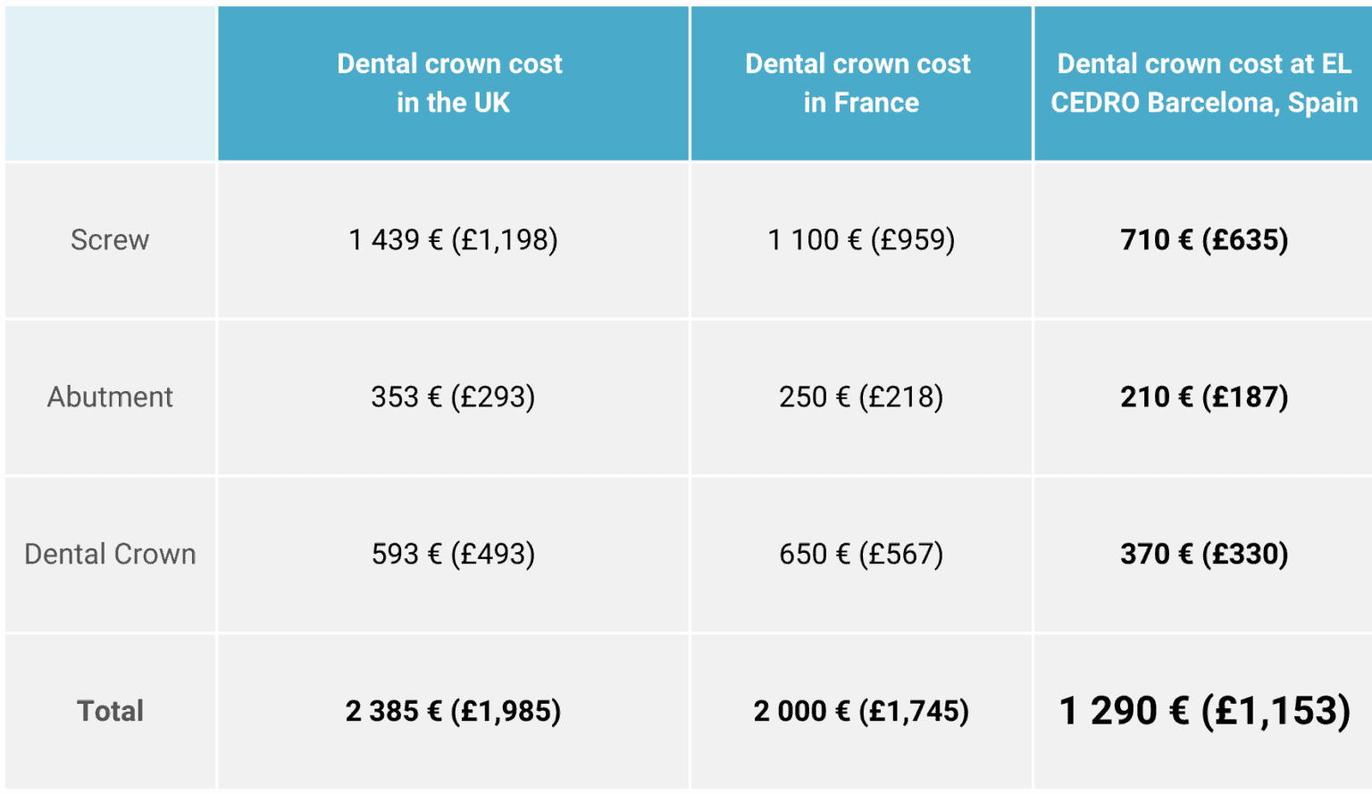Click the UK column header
(452, 83)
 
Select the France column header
(859, 83)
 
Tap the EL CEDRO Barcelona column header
(1203, 83)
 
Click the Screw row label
(110, 240)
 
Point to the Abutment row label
(110, 397)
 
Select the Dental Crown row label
(110, 554)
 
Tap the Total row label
(110, 711)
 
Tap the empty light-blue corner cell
(110, 83)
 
